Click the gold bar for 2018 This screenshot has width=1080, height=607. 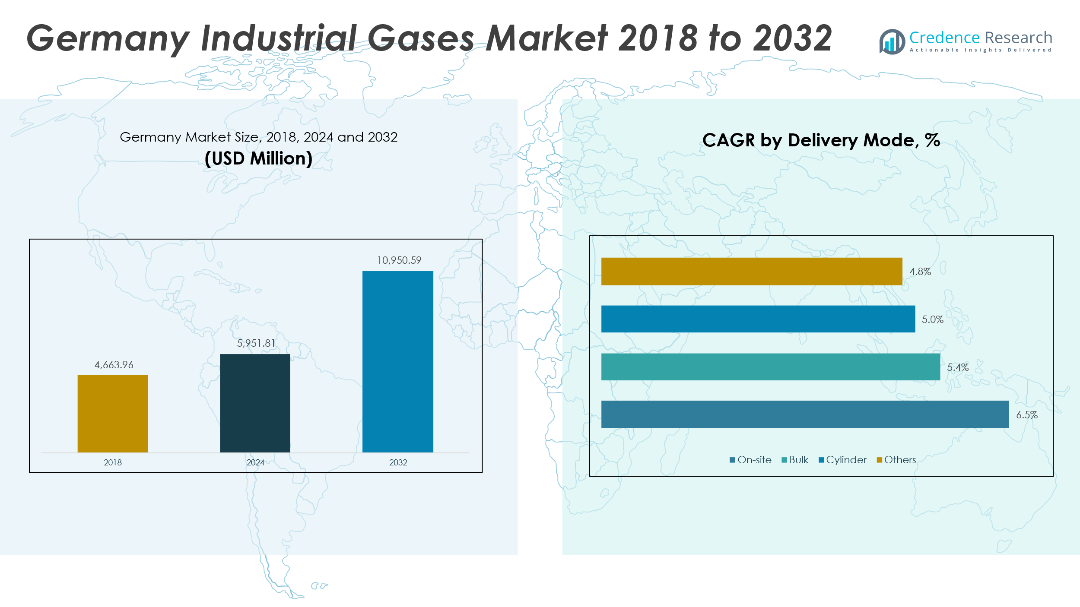(112, 413)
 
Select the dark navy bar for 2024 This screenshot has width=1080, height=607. (255, 403)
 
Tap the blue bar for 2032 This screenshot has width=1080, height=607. (397, 361)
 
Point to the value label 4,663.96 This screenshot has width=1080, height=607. (114, 365)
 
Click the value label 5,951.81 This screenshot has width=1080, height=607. (256, 343)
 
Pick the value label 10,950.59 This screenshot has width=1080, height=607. (399, 260)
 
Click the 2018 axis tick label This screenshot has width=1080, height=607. (113, 462)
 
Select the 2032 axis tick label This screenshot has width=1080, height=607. (398, 462)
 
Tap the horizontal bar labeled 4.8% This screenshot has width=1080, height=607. (752, 272)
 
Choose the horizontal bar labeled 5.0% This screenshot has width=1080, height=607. (758, 319)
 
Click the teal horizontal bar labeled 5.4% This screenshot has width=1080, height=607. (771, 367)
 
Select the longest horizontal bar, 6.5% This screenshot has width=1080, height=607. (805, 414)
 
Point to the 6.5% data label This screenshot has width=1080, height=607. (1027, 415)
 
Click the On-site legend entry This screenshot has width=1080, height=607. (751, 460)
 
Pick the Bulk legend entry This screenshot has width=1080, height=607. (795, 460)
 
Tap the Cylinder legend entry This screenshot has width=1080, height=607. (843, 460)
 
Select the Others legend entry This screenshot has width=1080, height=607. (896, 460)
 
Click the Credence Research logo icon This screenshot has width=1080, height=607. (892, 42)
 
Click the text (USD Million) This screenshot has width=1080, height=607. (258, 158)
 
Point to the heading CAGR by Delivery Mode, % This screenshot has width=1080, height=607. (821, 140)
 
